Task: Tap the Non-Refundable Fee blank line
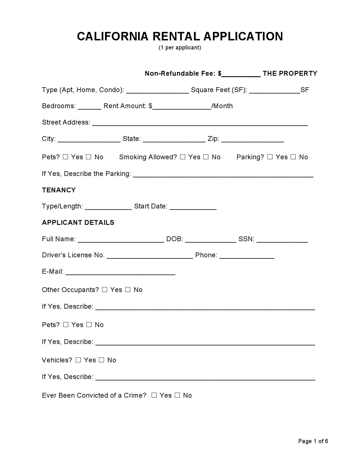click(241, 74)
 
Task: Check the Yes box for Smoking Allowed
click(182, 157)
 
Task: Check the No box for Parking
click(293, 157)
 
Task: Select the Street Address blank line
click(200, 123)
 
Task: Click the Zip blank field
click(252, 140)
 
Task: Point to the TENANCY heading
click(59, 190)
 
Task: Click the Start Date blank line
click(193, 207)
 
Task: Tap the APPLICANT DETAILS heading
click(78, 223)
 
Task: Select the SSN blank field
click(282, 240)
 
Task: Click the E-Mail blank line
click(120, 272)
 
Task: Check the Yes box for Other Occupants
click(104, 289)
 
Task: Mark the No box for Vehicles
click(102, 360)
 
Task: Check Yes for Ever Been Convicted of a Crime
click(154, 395)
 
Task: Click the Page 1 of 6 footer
click(313, 441)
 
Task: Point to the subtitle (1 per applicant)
click(180, 47)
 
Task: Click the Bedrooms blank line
click(89, 107)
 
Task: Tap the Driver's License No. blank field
click(150, 256)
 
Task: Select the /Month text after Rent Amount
click(222, 106)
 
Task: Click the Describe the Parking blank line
click(223, 175)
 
